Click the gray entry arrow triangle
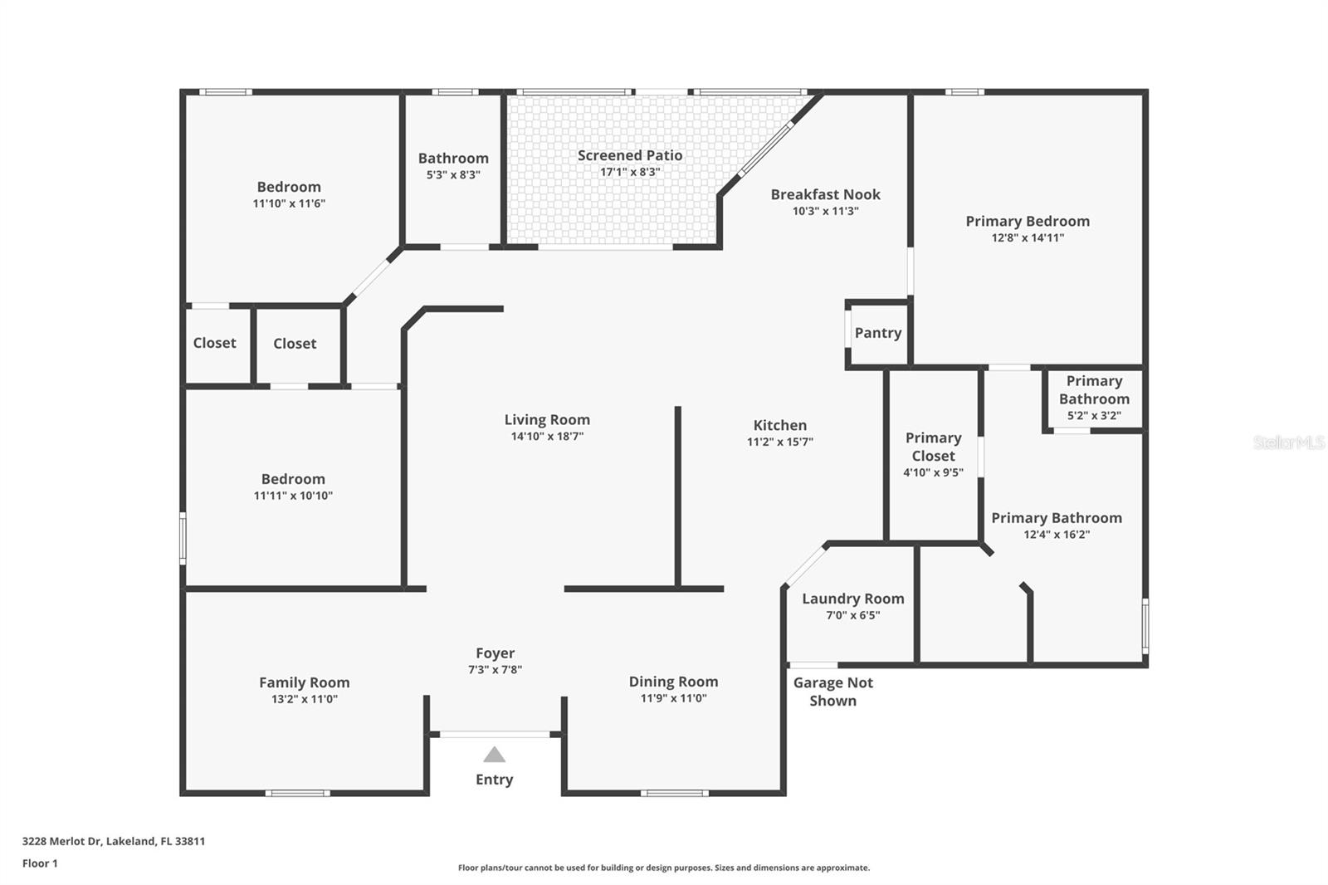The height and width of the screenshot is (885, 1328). [x=495, y=755]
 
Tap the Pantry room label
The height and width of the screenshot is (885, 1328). [x=877, y=333]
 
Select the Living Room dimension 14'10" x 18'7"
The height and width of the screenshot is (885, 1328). [x=547, y=437]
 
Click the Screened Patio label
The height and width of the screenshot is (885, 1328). [x=630, y=155]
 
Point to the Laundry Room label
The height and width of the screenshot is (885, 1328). [x=852, y=599]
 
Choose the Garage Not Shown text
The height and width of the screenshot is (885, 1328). [x=832, y=692]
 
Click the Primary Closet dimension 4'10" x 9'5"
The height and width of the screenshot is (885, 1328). [x=933, y=473]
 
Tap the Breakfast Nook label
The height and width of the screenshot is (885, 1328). [x=825, y=194]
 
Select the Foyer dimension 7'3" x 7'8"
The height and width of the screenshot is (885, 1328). [x=495, y=670]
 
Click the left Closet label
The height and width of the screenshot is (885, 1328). [x=214, y=343]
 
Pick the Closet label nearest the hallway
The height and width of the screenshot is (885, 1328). [x=295, y=344]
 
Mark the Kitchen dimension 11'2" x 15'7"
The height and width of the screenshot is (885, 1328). [x=779, y=442]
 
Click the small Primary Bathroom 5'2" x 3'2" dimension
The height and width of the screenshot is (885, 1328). [x=1094, y=416]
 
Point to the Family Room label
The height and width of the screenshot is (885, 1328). [x=304, y=682]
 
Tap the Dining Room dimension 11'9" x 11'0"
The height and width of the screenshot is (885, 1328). [x=673, y=698]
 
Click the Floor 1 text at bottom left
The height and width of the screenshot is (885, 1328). [x=40, y=863]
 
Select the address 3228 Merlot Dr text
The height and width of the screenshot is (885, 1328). [x=113, y=841]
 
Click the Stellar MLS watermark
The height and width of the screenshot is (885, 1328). [x=1288, y=442]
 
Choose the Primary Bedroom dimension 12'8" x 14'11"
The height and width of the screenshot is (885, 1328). [x=1028, y=237]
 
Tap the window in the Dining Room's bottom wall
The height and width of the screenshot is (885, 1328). [x=674, y=793]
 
